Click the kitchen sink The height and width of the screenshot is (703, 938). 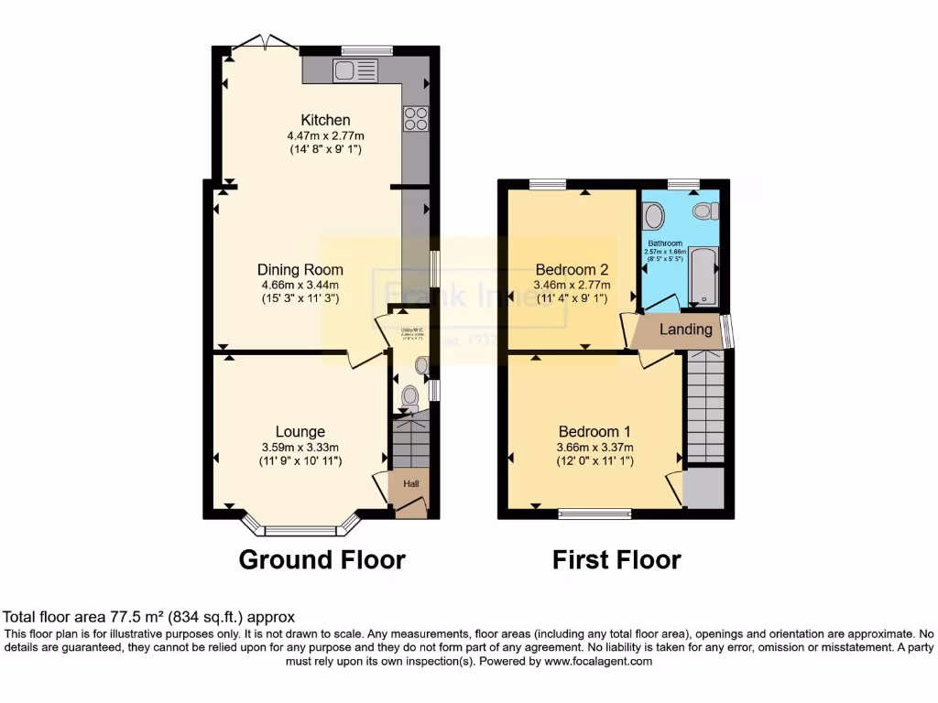click(355, 70)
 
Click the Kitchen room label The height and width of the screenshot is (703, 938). click(325, 120)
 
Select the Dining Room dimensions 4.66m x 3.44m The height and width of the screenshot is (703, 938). click(300, 285)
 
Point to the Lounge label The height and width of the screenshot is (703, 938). click(300, 432)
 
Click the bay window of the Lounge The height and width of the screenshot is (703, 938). click(301, 529)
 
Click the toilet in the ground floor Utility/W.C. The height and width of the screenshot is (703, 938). click(410, 397)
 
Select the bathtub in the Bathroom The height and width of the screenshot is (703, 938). click(704, 274)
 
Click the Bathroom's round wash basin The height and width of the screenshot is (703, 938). click(654, 216)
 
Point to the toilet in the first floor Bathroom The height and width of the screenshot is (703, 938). click(704, 211)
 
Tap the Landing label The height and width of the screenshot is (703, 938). click(686, 330)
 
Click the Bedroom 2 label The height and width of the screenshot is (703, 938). click(572, 270)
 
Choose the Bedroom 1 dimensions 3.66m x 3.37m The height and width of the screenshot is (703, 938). click(594, 448)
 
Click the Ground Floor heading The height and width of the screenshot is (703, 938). click(322, 559)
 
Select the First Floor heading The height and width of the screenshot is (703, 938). click(616, 559)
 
